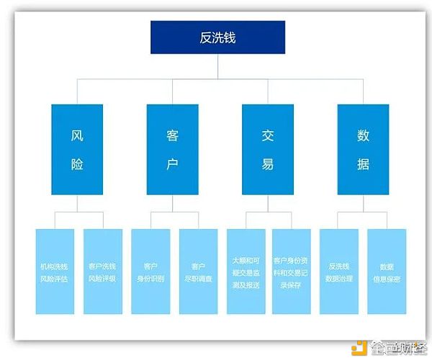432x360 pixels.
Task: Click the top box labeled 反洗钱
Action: tap(217, 37)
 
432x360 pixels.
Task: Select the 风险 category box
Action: tap(77, 150)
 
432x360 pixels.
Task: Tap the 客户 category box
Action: tap(172, 150)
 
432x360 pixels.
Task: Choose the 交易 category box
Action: tap(268, 150)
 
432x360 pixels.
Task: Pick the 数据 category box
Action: tap(363, 150)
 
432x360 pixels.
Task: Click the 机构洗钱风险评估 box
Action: tap(55, 271)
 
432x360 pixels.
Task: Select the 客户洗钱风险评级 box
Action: tap(102, 271)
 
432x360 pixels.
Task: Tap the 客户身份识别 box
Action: tap(150, 271)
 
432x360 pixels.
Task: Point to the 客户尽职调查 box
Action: tap(198, 271)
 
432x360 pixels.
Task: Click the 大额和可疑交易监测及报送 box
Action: tap(246, 271)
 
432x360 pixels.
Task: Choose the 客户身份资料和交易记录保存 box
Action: tap(292, 271)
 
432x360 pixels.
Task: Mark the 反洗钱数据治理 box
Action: tap(339, 271)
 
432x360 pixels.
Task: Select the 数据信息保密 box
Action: tap(387, 271)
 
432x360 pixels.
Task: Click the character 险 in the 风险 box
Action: tap(77, 164)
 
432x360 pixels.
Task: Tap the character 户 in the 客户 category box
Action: tap(172, 164)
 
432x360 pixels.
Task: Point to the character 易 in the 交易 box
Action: tap(268, 164)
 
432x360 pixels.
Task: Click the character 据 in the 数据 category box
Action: tap(363, 164)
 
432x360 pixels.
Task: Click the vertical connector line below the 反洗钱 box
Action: tap(217, 65)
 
